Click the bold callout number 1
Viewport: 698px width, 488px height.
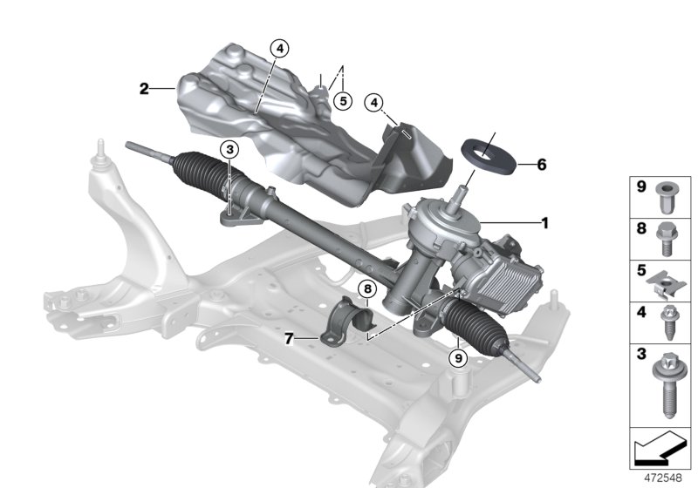coord(545,224)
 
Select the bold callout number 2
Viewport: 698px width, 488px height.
coord(144,88)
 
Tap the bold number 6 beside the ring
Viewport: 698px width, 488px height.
coord(542,164)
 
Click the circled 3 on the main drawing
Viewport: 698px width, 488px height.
coord(229,151)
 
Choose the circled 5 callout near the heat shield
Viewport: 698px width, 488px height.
coord(343,101)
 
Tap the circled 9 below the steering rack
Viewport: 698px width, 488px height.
coord(456,356)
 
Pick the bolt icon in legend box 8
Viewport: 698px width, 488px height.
coord(667,236)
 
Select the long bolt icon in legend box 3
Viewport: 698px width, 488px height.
coord(667,384)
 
